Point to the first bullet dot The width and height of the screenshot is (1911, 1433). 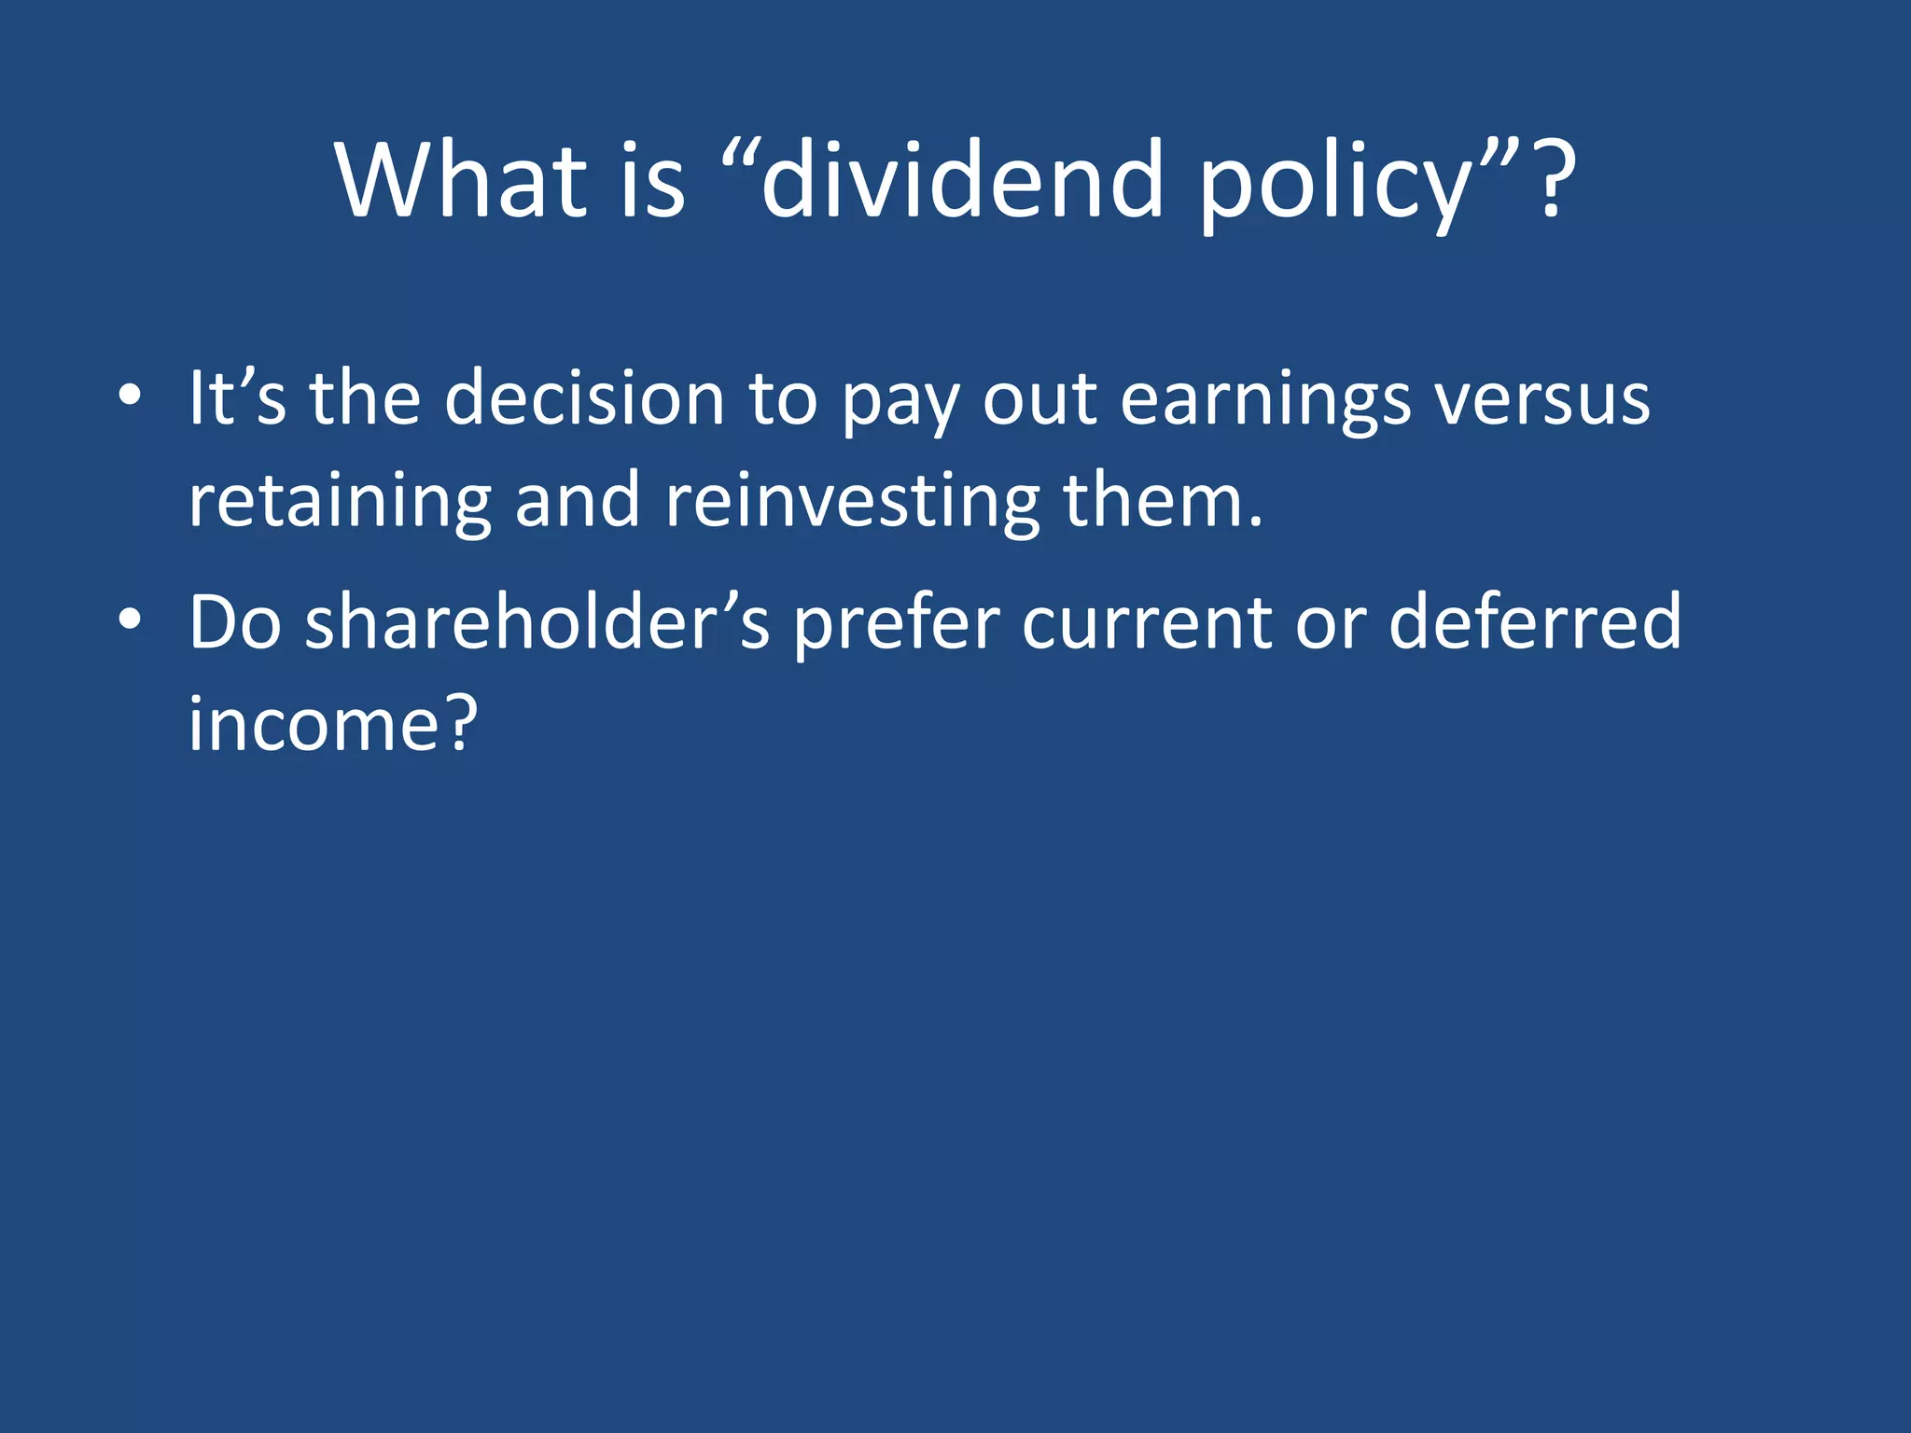tap(130, 397)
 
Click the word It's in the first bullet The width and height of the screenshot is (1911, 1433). tap(237, 398)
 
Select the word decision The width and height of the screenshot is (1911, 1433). tap(584, 398)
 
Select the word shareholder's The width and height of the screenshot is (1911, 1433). tap(537, 622)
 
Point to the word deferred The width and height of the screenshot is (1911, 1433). tap(1534, 622)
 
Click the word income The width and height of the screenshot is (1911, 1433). tap(314, 725)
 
